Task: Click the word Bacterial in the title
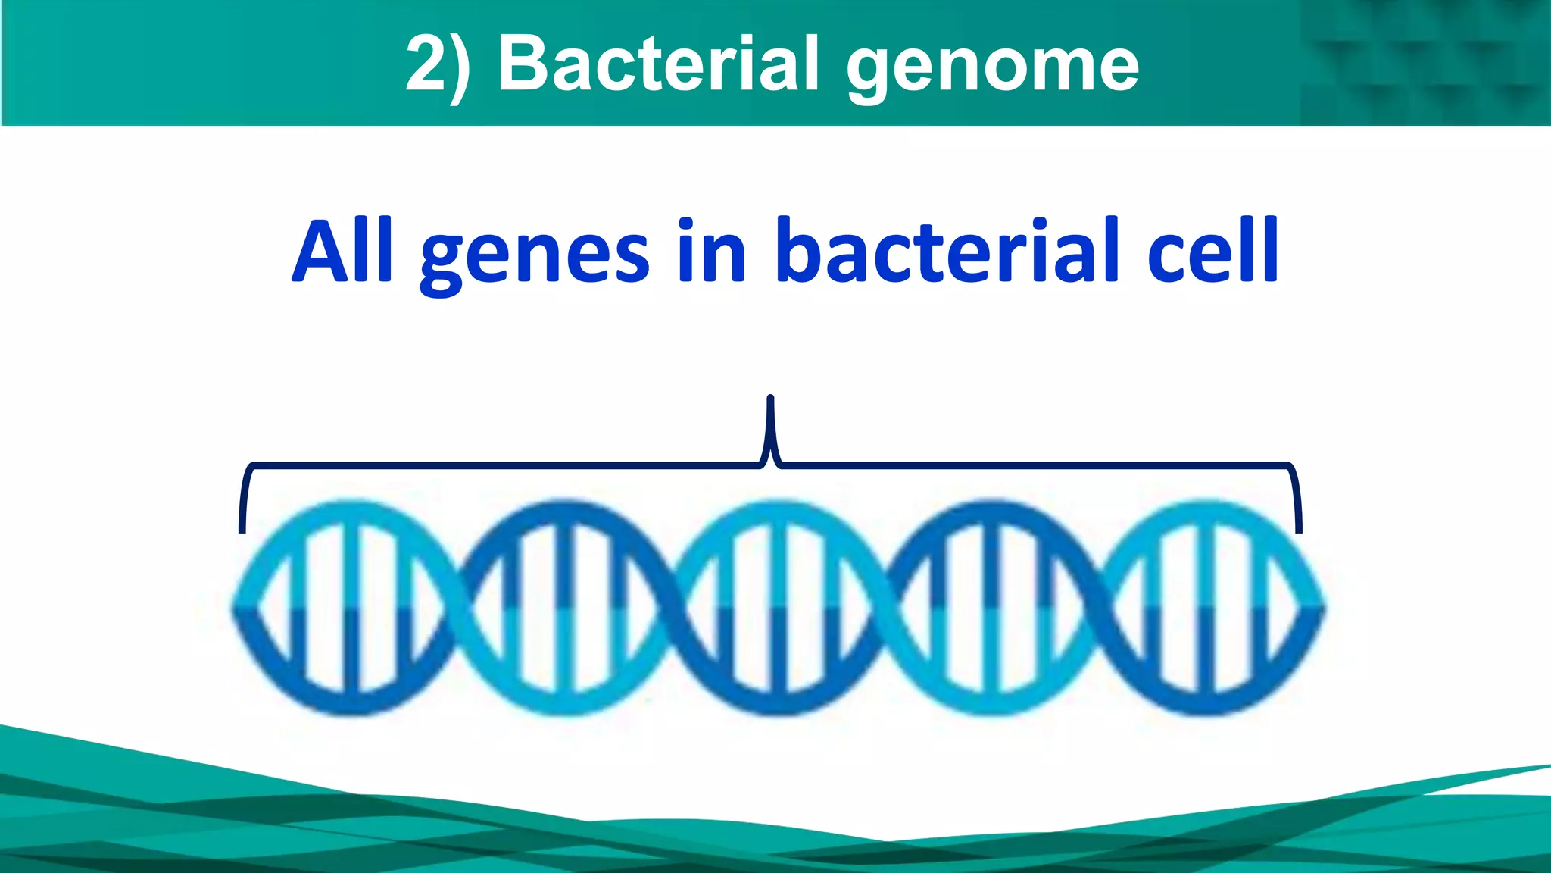[657, 64]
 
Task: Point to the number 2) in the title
[438, 65]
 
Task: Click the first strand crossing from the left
[457, 607]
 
